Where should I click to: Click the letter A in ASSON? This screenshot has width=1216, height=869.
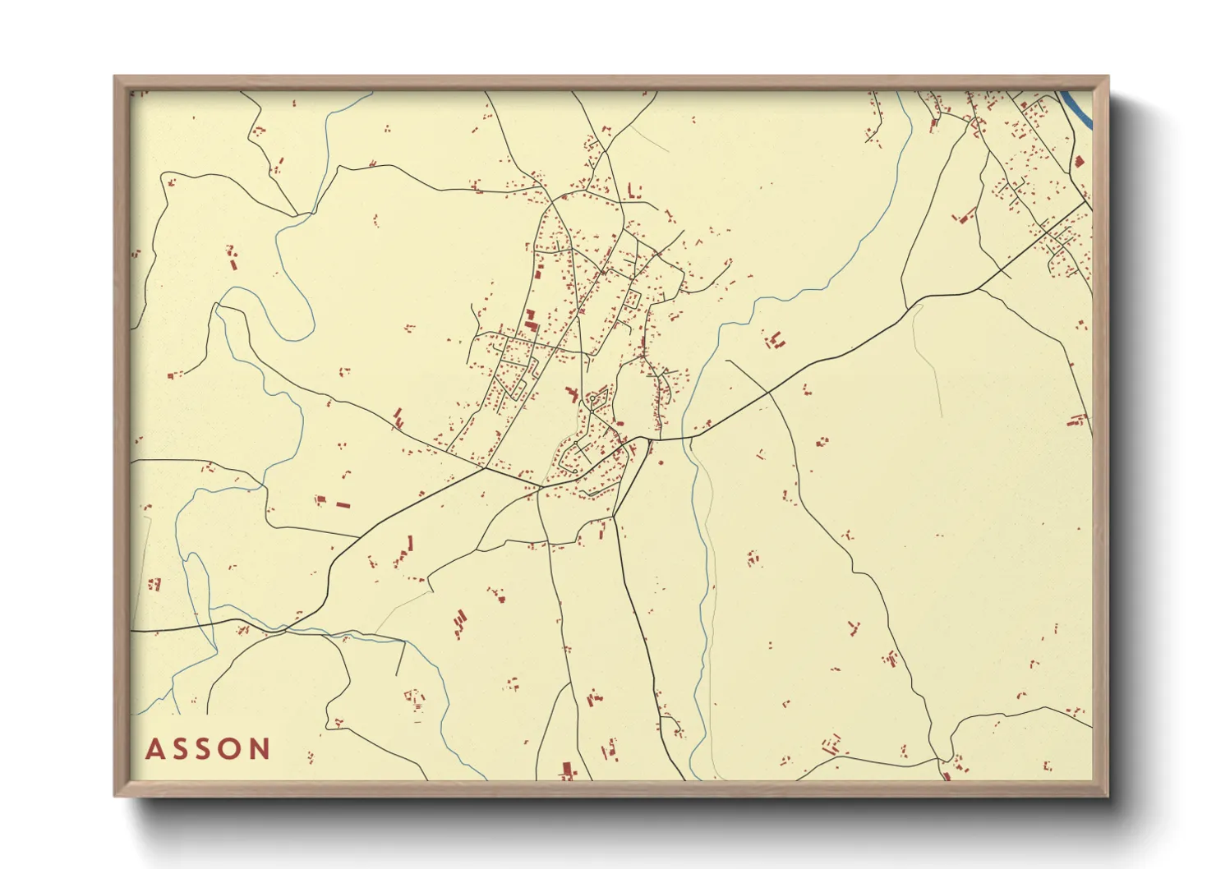click(154, 749)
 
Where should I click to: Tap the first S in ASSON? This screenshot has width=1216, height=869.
click(181, 749)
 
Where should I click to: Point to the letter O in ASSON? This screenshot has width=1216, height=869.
click(233, 749)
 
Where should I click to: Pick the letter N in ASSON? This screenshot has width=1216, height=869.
click(260, 749)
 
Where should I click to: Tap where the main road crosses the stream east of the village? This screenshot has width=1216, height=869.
click(690, 437)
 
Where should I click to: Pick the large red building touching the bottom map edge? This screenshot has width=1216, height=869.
click(566, 770)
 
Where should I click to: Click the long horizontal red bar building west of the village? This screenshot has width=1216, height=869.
click(343, 504)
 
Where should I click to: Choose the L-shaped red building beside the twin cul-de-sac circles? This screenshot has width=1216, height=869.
click(573, 395)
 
